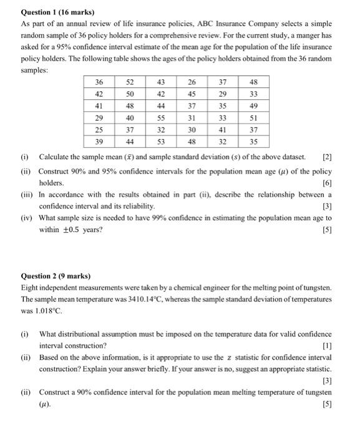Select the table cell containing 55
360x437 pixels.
160,117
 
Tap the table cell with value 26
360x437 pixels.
192,82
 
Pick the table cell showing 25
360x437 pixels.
99,129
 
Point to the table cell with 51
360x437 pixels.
253,117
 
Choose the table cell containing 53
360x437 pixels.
160,141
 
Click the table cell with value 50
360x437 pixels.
130,94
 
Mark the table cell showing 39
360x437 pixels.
99,141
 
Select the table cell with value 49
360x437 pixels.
253,106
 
